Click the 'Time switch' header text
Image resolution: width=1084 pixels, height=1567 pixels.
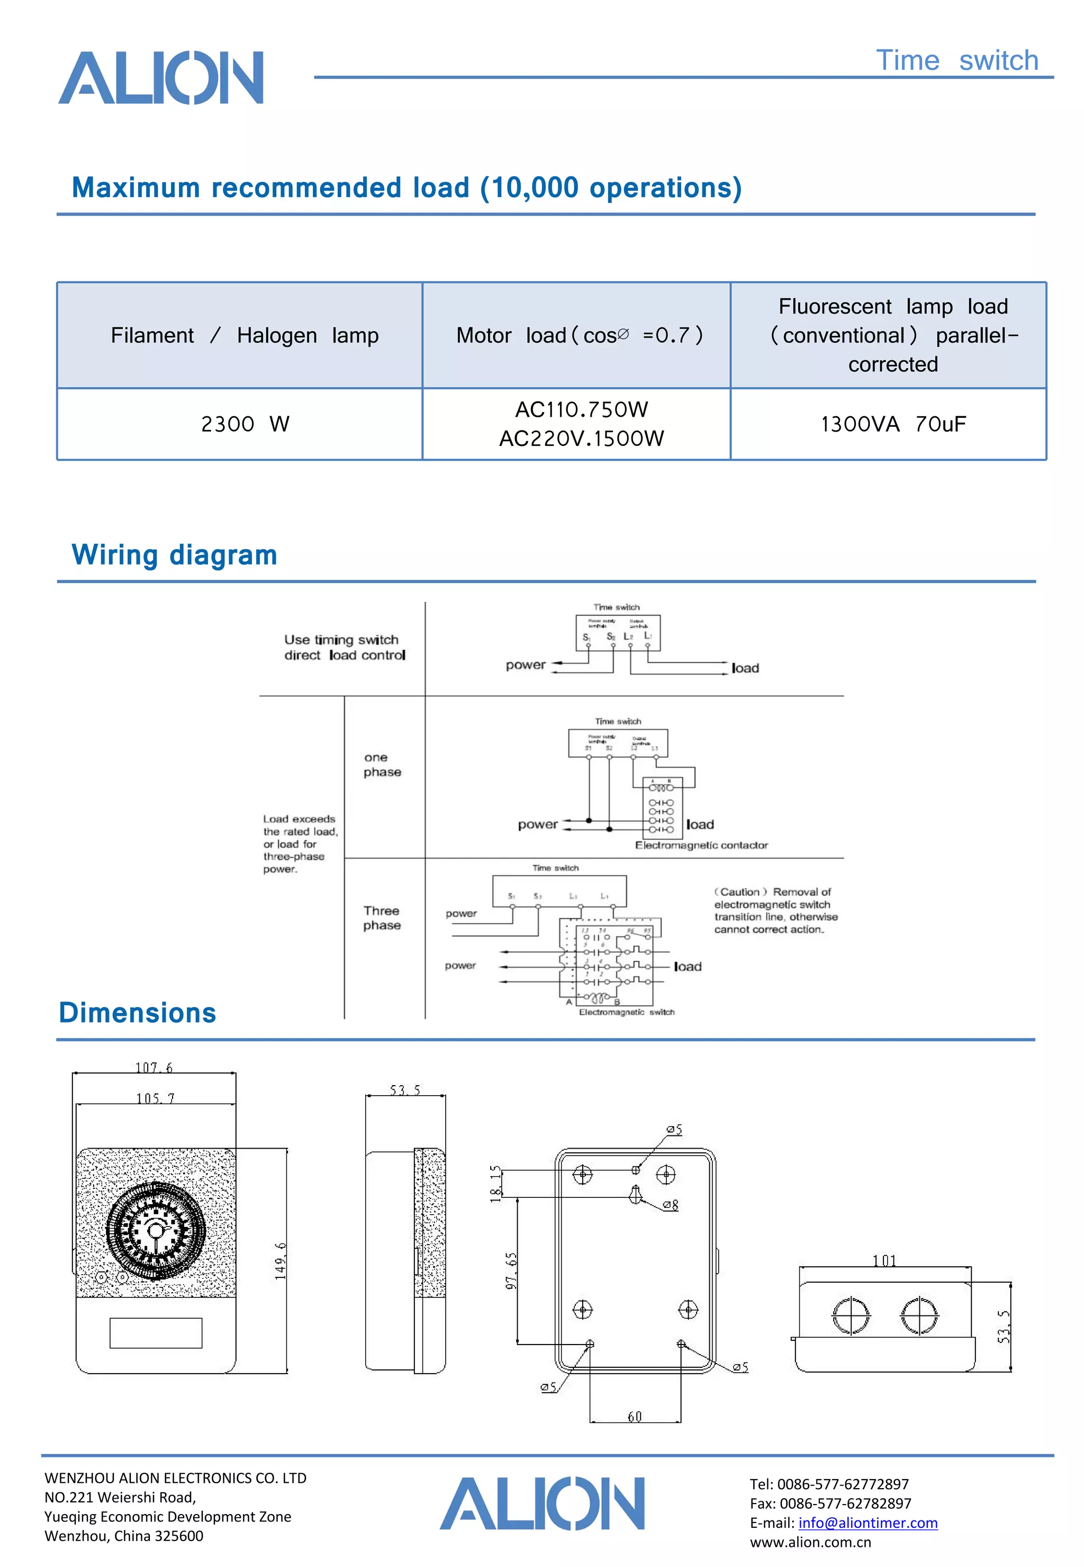[956, 60]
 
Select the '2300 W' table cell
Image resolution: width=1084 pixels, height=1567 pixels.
[245, 424]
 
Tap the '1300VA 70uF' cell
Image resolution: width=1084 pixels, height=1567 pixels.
[892, 424]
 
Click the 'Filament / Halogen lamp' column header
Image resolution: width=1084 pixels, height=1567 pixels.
[245, 335]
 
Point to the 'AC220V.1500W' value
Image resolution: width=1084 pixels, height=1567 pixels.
[581, 438]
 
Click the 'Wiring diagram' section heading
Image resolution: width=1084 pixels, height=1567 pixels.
[175, 554]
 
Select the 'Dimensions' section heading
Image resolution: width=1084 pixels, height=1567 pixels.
[137, 1013]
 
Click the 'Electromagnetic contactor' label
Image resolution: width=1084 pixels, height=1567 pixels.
[701, 845]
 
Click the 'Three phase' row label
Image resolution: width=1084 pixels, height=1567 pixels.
[382, 918]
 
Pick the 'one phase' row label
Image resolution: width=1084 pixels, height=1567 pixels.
[382, 765]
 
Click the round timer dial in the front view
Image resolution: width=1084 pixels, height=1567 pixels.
[156, 1231]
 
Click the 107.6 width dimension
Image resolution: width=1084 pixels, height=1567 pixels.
[154, 1068]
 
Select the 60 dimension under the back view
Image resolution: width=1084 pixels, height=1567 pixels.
[635, 1416]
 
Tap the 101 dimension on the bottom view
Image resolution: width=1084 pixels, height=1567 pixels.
[884, 1260]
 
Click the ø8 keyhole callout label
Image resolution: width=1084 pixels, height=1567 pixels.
[671, 1205]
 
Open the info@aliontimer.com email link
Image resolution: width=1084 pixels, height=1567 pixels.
[868, 1523]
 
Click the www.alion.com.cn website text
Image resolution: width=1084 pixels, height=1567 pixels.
[810, 1542]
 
